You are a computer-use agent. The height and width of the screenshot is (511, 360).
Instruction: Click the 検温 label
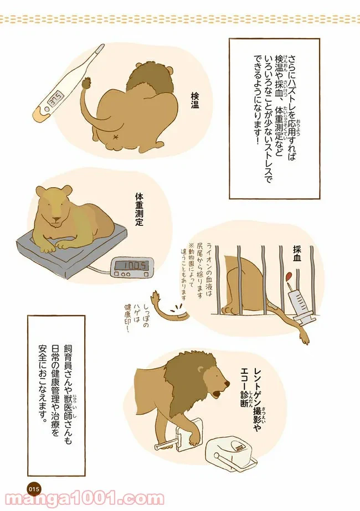point(194,100)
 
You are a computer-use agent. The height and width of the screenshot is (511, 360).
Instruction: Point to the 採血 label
point(297,255)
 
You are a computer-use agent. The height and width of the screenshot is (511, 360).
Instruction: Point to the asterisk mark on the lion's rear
point(115,137)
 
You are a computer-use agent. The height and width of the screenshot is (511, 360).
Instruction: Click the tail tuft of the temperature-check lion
point(88,83)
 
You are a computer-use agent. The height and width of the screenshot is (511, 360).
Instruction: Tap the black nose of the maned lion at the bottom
point(227,384)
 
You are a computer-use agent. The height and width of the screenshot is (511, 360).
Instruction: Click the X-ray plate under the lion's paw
point(188,437)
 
